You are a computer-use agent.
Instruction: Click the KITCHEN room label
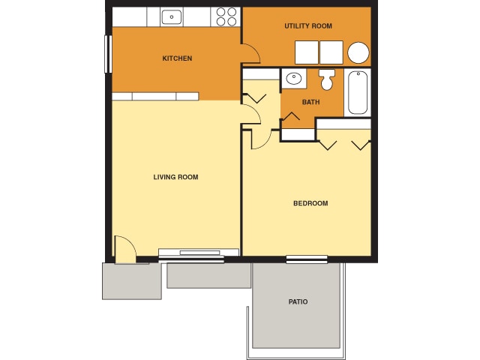(x=178, y=58)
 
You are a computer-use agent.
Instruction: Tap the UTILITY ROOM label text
(x=307, y=26)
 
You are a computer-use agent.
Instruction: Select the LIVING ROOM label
(x=175, y=177)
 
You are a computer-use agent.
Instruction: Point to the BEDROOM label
(x=310, y=203)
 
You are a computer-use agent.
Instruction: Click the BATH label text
(x=311, y=102)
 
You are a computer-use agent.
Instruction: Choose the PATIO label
(x=298, y=301)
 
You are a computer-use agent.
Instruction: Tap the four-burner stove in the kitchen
(x=226, y=16)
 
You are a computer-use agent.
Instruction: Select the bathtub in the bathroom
(x=358, y=92)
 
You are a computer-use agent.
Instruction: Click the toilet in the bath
(x=327, y=79)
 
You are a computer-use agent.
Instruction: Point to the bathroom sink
(x=292, y=78)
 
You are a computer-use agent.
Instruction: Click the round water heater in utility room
(x=358, y=52)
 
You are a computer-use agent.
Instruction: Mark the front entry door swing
(x=124, y=248)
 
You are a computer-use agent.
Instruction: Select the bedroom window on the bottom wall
(x=307, y=259)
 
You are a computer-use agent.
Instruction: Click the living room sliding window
(x=191, y=255)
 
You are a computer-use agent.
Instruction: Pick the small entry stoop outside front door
(x=131, y=281)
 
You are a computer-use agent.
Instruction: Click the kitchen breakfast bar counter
(x=155, y=96)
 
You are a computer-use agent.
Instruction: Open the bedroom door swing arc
(x=260, y=138)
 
